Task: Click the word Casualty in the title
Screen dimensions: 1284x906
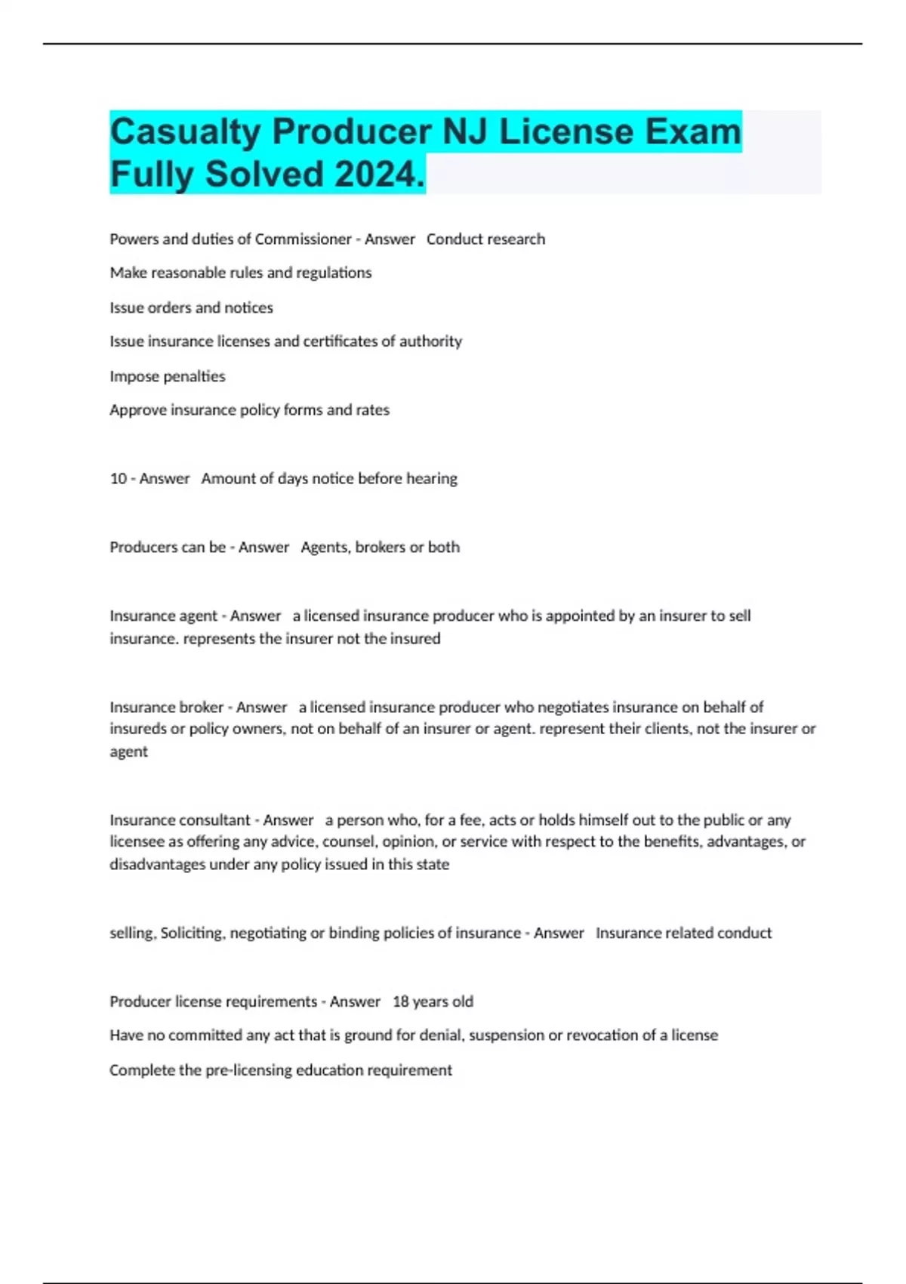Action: [186, 133]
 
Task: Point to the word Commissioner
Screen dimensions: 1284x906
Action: [304, 239]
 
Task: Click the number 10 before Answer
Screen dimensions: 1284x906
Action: [119, 479]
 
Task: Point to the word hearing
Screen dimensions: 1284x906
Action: [432, 479]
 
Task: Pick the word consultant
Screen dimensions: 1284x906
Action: [214, 820]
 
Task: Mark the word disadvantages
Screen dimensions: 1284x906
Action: [157, 865]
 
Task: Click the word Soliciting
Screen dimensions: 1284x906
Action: [192, 934]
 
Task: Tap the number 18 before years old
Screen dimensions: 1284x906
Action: [400, 1002]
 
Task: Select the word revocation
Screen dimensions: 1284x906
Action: [600, 1036]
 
